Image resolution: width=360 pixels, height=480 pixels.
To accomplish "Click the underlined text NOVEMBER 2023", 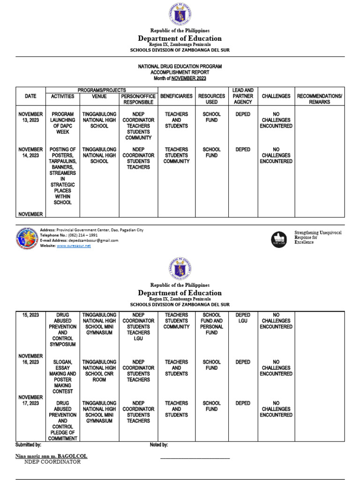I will tap(188, 78).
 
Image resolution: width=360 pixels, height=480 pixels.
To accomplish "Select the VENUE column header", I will tap(99, 96).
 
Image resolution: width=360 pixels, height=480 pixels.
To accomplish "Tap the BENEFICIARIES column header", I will tap(176, 96).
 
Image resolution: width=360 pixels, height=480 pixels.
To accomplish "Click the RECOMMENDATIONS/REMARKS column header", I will tap(319, 99).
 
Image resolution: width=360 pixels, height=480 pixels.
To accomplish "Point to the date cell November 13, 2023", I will tap(30, 117).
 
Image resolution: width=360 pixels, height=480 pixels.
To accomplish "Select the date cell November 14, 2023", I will tap(30, 152).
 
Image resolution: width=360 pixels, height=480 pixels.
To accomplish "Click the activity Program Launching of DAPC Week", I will tap(62, 123).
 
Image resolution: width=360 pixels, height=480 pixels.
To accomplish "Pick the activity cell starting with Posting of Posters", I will tap(62, 176).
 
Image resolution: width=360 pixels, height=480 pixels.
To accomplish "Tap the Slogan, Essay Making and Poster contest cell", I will tap(62, 376).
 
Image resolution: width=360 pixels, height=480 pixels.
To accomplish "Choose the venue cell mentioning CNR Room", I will tap(99, 371).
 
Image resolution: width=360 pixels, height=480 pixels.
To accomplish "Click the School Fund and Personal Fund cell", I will tap(211, 323).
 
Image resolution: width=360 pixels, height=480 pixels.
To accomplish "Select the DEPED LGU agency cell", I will tap(243, 318).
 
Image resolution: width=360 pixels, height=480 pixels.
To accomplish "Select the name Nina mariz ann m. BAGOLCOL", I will tap(51, 456).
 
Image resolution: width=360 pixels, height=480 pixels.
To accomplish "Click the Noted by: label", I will tap(159, 444).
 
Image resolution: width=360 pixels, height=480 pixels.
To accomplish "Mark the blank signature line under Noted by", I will tap(195, 458).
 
